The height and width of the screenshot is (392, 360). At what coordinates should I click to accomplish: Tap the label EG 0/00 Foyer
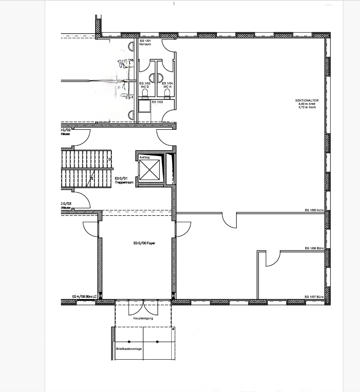[x=144, y=243]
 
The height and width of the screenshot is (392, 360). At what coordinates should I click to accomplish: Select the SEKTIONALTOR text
[x=307, y=101]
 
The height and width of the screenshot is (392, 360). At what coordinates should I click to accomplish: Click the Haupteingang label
[x=143, y=318]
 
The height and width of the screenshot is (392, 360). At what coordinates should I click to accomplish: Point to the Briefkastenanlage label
[x=129, y=349]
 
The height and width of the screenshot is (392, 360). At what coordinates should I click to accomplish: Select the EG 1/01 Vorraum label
[x=145, y=43]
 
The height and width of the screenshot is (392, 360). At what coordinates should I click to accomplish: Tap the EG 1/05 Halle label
[x=314, y=210]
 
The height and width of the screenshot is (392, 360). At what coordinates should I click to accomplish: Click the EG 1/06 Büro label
[x=314, y=248]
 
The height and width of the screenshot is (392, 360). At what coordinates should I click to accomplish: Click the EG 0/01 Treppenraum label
[x=124, y=180]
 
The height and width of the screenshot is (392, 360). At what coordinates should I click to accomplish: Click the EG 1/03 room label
[x=157, y=102]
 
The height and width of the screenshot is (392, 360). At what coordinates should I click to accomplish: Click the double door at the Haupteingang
[x=143, y=308]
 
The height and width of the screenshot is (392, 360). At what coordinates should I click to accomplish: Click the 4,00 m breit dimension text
[x=307, y=104]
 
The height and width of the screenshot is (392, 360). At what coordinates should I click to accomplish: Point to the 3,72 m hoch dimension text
[x=307, y=107]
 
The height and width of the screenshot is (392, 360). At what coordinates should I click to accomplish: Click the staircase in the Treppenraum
[x=87, y=169]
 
